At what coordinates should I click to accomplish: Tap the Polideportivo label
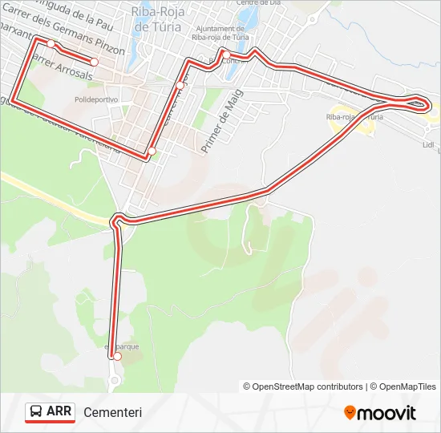click(95, 99)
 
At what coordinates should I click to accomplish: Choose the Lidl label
click(427, 145)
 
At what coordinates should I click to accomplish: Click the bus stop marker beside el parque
click(117, 357)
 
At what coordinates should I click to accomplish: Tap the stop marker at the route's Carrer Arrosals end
click(94, 62)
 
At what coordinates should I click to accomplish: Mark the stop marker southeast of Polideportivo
click(152, 151)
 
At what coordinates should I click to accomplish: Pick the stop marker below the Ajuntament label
click(226, 55)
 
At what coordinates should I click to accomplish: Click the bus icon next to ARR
click(37, 412)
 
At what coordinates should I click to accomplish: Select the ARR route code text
click(59, 412)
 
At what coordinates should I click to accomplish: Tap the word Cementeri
click(112, 412)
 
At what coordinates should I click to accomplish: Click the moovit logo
click(380, 413)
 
